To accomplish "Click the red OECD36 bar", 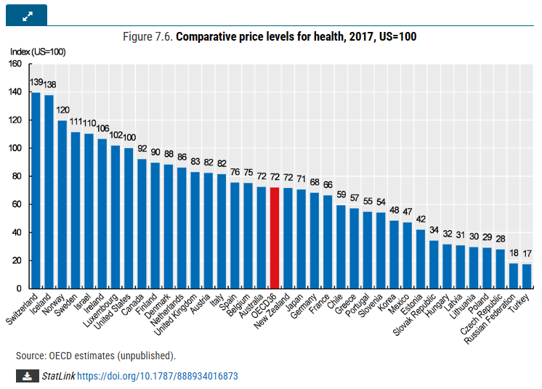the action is click(275, 238).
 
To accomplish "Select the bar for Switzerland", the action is click(36, 191).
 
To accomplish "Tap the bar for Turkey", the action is click(527, 276).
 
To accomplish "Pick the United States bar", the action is click(129, 218).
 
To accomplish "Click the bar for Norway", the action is click(62, 205).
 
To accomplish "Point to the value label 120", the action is click(62, 110).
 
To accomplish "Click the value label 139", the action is click(36, 82).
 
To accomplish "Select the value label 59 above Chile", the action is click(341, 194).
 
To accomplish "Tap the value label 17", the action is click(527, 254).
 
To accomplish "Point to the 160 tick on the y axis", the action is click(15, 64).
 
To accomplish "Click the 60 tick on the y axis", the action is click(17, 205).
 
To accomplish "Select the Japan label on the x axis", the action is click(295, 303).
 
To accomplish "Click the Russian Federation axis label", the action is click(490, 319).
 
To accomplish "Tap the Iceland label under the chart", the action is click(41, 304).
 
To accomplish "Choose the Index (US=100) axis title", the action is click(38, 52).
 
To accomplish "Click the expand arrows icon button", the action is click(27, 15).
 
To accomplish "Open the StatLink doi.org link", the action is click(157, 376).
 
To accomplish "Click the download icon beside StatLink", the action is click(28, 376).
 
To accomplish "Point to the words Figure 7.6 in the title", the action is click(147, 36).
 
